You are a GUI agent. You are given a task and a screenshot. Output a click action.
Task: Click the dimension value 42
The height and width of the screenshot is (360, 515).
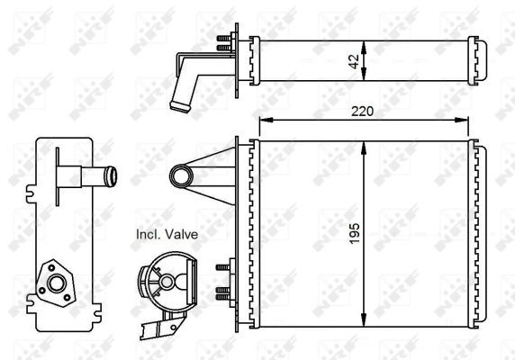(355, 61)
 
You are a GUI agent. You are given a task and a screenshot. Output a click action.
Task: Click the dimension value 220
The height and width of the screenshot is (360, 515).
(362, 112)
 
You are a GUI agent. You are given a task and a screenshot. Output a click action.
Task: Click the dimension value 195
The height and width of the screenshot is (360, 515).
(355, 234)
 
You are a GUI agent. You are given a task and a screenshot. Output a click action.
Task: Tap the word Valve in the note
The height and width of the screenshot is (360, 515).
(181, 234)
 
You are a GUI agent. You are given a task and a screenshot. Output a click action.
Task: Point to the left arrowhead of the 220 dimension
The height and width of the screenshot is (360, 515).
(266, 120)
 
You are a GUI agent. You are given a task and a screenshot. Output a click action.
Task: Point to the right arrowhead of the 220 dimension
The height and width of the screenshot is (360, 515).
(462, 120)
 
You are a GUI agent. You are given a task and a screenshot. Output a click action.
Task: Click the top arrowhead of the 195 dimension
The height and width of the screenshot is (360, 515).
(363, 148)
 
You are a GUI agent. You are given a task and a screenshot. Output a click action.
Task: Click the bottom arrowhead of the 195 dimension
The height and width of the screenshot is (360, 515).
(363, 320)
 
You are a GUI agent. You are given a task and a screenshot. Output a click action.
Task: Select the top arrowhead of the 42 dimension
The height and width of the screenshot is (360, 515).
(363, 48)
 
